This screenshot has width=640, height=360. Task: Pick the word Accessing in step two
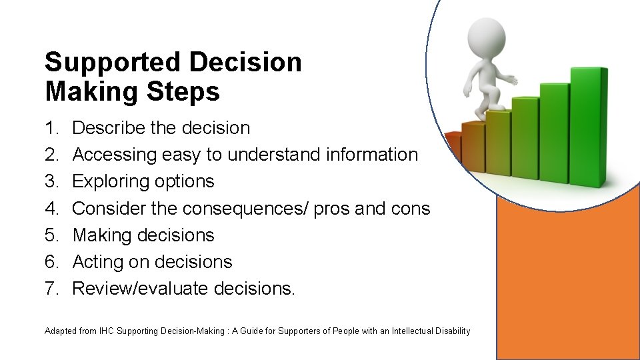pos(114,155)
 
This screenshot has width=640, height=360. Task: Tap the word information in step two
pos(372,155)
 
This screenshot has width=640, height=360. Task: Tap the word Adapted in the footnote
pos(61,331)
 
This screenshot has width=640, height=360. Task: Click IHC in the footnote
pos(107,331)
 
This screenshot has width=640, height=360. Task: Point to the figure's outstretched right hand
pos(511,79)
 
